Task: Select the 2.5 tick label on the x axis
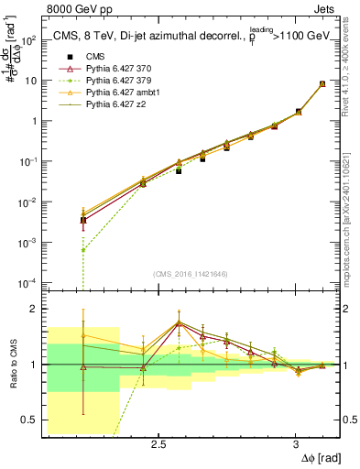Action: [158, 444]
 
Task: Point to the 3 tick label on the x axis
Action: [295, 444]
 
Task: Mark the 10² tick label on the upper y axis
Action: [28, 40]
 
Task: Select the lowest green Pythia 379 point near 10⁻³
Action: [83, 250]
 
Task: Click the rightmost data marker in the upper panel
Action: [322, 83]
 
